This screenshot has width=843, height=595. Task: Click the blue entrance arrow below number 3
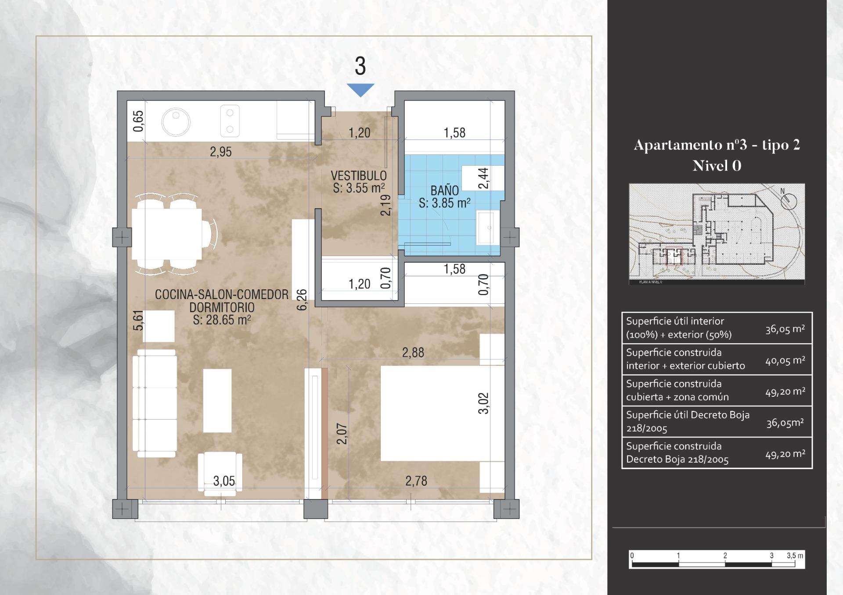point(360,89)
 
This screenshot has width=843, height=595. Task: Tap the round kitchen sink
point(176,121)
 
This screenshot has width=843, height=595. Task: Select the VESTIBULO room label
point(359,175)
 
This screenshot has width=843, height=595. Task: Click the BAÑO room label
point(444,190)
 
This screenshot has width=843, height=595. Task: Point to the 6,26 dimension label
point(302,300)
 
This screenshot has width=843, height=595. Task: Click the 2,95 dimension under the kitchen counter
point(220,152)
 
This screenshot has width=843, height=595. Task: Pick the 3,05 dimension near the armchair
point(224,481)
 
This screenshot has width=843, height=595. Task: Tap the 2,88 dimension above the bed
point(413,353)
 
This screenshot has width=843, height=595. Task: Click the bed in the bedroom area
point(442,413)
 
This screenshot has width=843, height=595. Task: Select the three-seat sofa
point(155,403)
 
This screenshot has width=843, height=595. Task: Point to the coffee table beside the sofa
point(217,400)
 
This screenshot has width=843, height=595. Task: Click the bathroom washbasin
point(488,227)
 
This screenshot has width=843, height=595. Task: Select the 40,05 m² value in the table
point(785,360)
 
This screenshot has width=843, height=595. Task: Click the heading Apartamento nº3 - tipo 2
point(717,145)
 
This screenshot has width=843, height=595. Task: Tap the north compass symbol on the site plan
point(789,200)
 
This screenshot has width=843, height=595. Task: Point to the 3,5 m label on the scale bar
point(795,556)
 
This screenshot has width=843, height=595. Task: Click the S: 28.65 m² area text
point(222,320)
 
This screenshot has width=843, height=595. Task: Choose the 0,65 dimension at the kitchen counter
point(138,121)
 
